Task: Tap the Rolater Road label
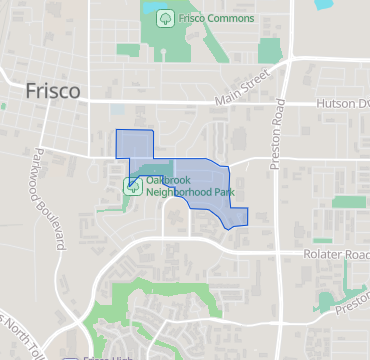pos(337,255)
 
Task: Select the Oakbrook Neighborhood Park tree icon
pos(132,185)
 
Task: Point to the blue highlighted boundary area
pos(205,185)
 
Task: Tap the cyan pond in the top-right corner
pos(324,4)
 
